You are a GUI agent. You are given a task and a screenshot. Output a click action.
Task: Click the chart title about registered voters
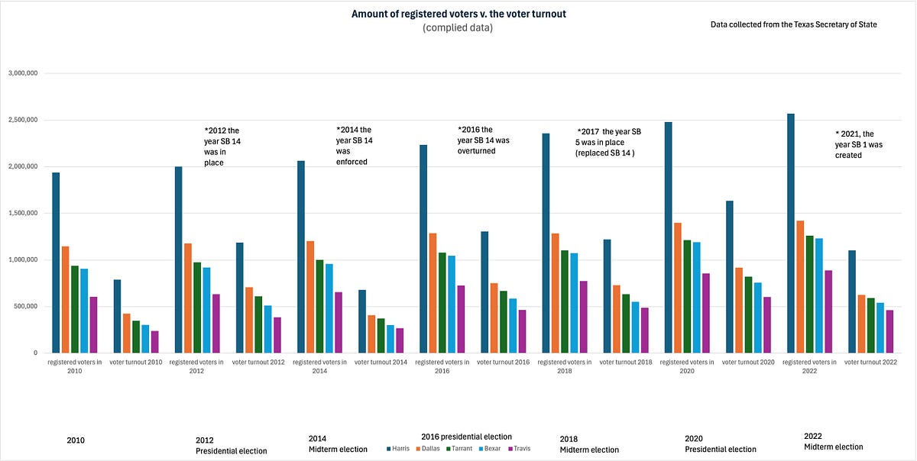(x=458, y=14)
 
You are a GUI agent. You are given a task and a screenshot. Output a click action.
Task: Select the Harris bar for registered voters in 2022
(x=790, y=233)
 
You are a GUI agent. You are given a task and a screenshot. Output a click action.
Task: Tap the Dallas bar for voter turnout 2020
(x=738, y=311)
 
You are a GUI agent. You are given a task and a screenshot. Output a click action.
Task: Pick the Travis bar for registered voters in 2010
(x=93, y=325)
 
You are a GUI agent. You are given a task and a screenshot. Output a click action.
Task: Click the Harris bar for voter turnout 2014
(x=362, y=321)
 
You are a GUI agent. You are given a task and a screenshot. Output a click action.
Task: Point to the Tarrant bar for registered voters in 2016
(x=442, y=303)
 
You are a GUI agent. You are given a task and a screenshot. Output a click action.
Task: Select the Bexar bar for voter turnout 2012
(x=267, y=329)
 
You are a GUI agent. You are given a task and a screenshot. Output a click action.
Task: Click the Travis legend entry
(x=519, y=448)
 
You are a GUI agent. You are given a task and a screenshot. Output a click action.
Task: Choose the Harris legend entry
(x=398, y=448)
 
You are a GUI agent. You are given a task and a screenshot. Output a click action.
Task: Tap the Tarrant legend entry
(x=459, y=448)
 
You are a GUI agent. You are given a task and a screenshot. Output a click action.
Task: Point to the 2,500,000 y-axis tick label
(x=23, y=120)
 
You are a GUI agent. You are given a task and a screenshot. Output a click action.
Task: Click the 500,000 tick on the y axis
(x=25, y=306)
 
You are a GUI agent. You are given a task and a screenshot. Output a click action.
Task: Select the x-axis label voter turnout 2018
(x=626, y=362)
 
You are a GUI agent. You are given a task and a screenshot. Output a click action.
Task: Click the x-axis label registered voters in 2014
(x=319, y=366)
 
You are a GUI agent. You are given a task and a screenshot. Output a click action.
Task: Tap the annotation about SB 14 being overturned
(x=483, y=140)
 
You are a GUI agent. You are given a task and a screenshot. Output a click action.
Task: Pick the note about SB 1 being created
(x=858, y=144)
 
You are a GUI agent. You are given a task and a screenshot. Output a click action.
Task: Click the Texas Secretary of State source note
(x=793, y=24)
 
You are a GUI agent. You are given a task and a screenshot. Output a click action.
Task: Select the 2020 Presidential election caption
(x=720, y=443)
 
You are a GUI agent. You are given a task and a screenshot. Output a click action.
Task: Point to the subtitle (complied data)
(x=458, y=27)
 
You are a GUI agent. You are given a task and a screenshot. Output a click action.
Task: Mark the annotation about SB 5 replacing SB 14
(x=608, y=143)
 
